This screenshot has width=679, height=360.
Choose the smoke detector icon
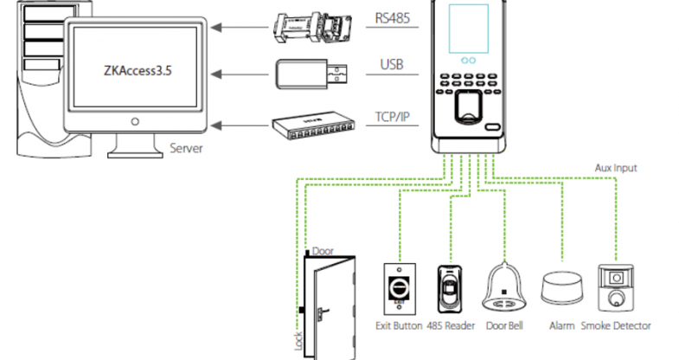point(615,287)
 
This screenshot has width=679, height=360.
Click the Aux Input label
point(616,165)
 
